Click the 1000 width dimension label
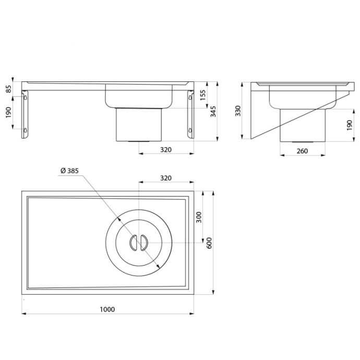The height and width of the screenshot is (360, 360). pos(107,309)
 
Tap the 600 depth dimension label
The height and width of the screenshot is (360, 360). pos(209,243)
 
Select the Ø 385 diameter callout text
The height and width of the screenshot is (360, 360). pos(69,171)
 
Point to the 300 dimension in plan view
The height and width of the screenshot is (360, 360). pos(199,217)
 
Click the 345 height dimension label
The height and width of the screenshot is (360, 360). pos(213,111)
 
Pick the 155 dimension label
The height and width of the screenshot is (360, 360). pos(203,95)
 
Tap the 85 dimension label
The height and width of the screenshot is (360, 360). pos(8,89)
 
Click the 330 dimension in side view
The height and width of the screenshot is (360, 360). pos(238,111)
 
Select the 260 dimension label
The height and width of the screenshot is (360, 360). pos(302,151)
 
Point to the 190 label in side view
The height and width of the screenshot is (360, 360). pos(350,125)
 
